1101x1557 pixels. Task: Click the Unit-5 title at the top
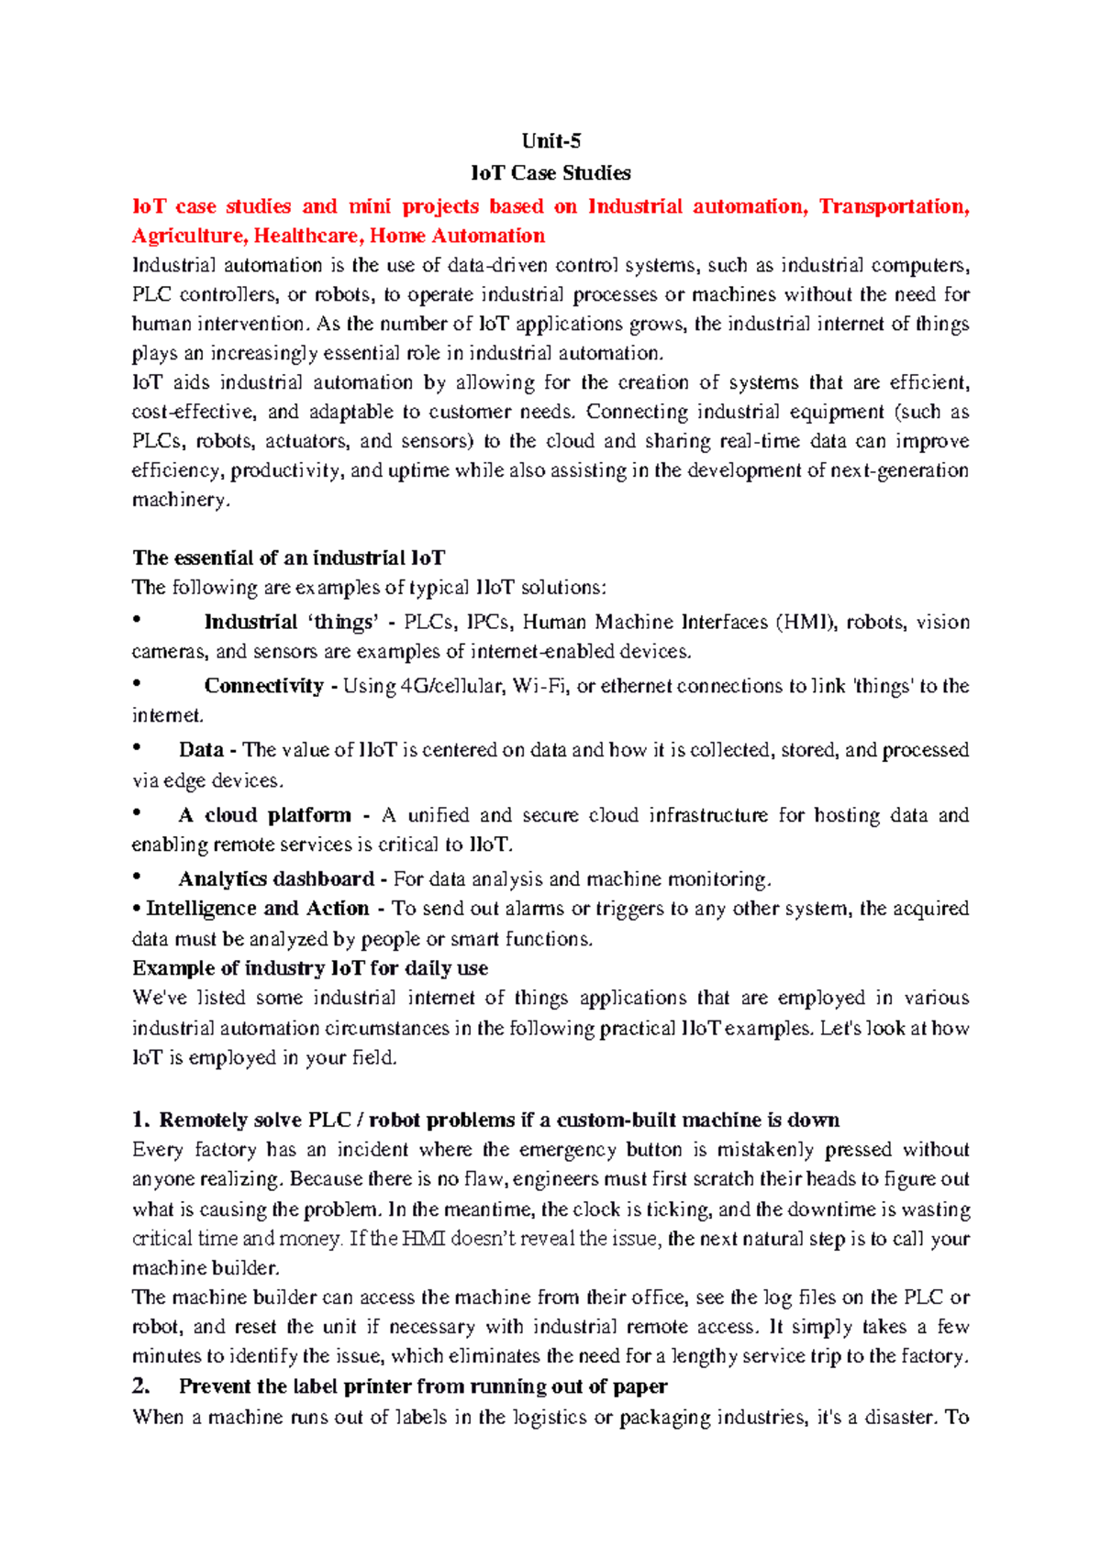click(550, 140)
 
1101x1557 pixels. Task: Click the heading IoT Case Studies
click(550, 172)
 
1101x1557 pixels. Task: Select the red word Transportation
click(892, 206)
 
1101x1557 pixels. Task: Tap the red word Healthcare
click(308, 236)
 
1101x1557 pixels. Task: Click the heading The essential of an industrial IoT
click(289, 558)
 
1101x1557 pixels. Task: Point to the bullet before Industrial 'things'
click(138, 621)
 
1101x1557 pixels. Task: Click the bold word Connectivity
click(263, 686)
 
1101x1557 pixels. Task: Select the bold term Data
click(201, 749)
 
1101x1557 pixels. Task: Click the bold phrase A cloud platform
click(264, 814)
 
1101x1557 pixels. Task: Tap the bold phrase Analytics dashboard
click(276, 878)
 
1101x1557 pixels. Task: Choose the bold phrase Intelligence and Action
click(257, 908)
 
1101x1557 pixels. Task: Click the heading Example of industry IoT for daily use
click(310, 968)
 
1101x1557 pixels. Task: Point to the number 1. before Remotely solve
click(139, 1120)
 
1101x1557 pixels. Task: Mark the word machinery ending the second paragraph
click(179, 500)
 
